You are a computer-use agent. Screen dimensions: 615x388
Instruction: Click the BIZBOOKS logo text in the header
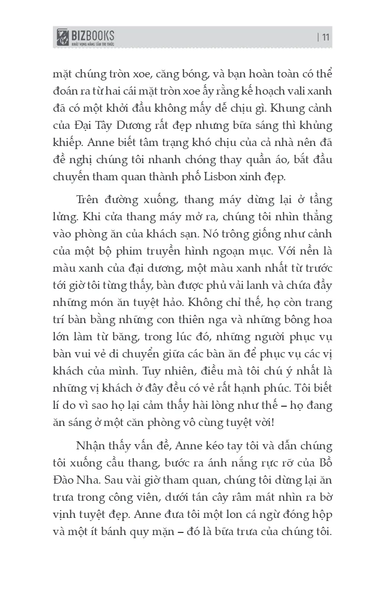93,35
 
